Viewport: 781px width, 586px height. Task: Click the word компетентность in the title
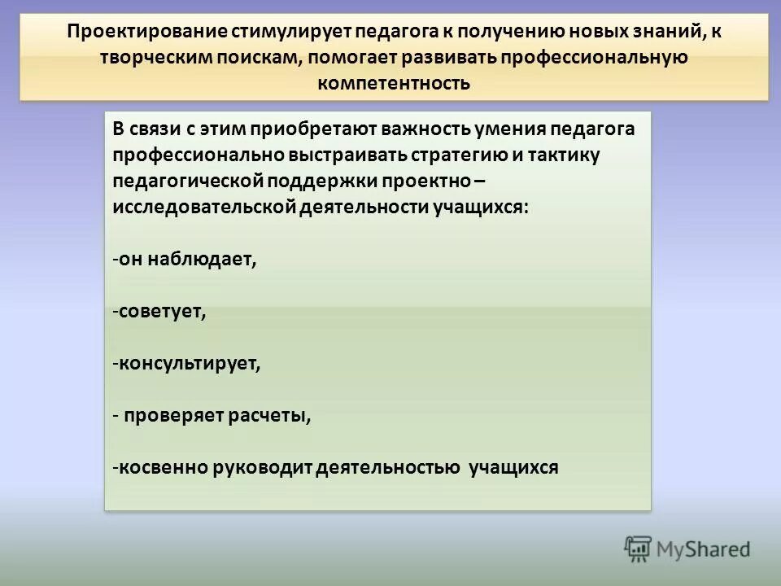click(394, 84)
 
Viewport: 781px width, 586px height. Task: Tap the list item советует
click(161, 312)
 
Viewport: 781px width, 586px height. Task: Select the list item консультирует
click(190, 363)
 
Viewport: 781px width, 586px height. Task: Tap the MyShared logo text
click(703, 549)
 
